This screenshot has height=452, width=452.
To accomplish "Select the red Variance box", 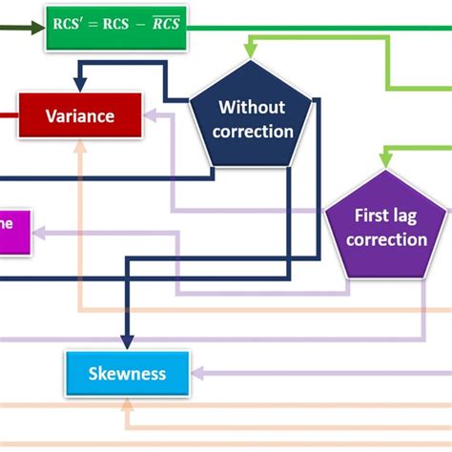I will (x=80, y=115).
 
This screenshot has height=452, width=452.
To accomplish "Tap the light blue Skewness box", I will (x=127, y=374).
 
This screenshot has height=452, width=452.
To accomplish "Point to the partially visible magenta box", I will (x=13, y=232).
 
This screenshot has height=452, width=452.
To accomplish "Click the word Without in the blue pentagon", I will (x=252, y=107).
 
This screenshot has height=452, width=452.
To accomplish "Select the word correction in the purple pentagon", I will (x=386, y=239).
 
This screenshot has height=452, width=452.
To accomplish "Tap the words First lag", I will (x=386, y=216).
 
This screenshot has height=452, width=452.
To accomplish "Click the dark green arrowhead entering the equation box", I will (x=38, y=28).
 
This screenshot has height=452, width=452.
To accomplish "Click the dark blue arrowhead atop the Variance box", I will (x=81, y=84).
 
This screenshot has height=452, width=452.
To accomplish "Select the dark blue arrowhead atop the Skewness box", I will (x=127, y=343).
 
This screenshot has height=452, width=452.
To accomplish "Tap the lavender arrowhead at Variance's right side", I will (x=151, y=115).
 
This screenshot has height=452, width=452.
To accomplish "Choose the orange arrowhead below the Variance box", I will (x=81, y=147).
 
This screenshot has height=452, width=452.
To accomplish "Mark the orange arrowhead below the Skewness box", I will (x=127, y=404).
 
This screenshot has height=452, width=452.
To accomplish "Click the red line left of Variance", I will (x=8, y=115).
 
